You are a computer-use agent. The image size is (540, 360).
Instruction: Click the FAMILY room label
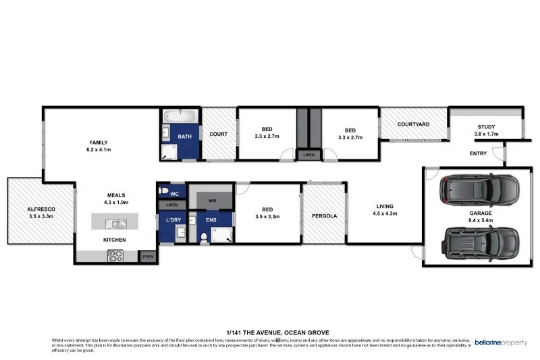[99, 142]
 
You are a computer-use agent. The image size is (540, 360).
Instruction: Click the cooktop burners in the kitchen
[115, 256]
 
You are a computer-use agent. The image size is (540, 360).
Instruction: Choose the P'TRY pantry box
[147, 257]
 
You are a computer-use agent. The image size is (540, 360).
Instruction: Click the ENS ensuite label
[211, 220]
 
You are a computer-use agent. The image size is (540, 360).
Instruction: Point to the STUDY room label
[486, 127]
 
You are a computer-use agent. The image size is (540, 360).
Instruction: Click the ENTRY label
[478, 154]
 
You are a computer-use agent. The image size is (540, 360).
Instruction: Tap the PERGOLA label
[324, 216]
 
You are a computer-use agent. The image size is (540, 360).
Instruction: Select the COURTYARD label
[414, 124]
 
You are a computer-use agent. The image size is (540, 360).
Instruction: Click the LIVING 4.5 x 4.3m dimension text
[385, 214]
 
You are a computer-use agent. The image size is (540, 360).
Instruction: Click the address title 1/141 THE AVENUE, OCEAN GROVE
[269, 332]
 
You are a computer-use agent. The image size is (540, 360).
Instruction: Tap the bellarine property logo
[501, 342]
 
